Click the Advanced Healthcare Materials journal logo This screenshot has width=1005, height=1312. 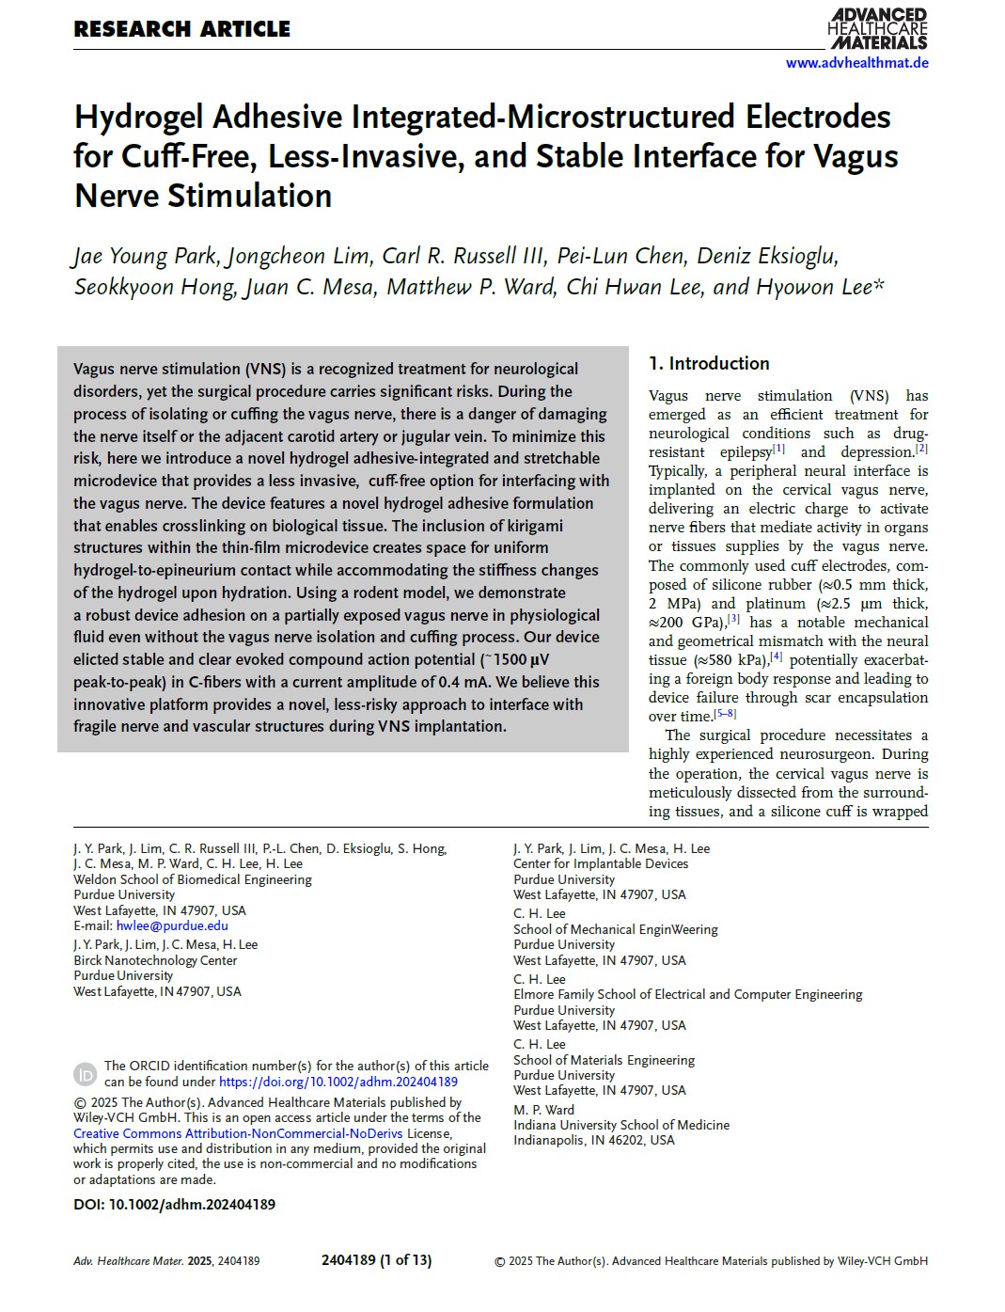(x=877, y=28)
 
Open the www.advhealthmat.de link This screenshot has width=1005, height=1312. (x=856, y=63)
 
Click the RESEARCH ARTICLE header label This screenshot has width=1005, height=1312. (x=181, y=29)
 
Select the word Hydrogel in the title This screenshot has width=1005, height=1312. (x=139, y=118)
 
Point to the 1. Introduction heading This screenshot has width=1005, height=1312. (x=709, y=363)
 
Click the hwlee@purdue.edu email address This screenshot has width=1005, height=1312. (x=172, y=925)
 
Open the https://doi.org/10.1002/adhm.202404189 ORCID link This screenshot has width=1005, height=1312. (x=338, y=1082)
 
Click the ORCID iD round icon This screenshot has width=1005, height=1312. (x=85, y=1074)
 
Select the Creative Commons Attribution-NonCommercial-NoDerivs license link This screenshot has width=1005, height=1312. (x=238, y=1133)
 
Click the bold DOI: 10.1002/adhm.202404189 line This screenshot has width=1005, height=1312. (x=174, y=1204)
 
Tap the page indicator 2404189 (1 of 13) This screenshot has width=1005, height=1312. (x=376, y=1260)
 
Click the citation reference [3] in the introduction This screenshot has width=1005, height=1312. (x=733, y=619)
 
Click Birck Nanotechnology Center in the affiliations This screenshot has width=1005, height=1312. (x=155, y=960)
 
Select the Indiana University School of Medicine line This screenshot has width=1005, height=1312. (x=620, y=1125)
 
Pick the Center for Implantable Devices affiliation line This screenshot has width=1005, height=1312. (x=601, y=863)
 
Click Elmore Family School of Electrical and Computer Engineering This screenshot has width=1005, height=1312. (x=687, y=994)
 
